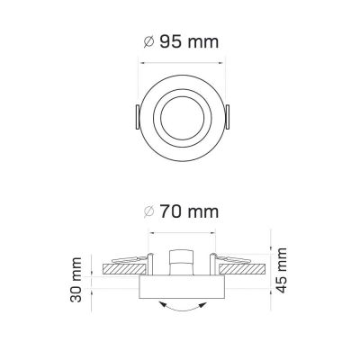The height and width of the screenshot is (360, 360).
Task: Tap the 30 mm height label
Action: point(76,280)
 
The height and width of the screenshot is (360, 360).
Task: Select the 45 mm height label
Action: point(282,270)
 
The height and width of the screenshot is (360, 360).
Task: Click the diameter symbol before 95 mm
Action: point(148,42)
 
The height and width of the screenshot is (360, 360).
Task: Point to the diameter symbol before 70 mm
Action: point(148,211)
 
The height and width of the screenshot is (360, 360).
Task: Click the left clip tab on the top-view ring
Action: point(137,117)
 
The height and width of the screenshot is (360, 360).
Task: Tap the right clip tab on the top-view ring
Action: point(228,117)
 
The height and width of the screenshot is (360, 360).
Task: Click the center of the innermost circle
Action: point(183,118)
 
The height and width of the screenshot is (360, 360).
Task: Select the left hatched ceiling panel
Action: point(124,269)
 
